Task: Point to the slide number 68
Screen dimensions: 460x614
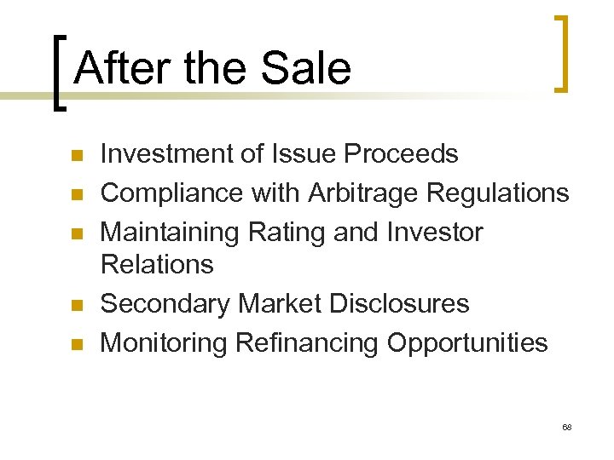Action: coord(567,425)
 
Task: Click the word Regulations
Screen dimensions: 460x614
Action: coord(498,193)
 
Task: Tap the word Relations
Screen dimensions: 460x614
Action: coord(157,265)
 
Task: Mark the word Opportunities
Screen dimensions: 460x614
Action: coord(467,343)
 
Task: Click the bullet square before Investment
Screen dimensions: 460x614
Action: coord(75,156)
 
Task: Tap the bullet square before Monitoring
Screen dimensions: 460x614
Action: coord(75,345)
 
